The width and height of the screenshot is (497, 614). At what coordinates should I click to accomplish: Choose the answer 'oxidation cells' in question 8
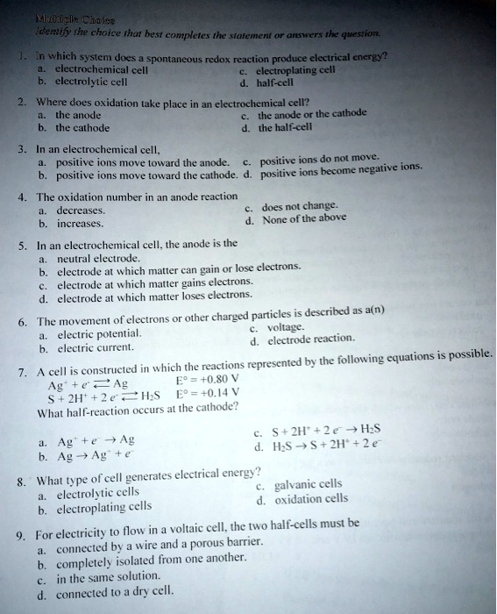[316, 500]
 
